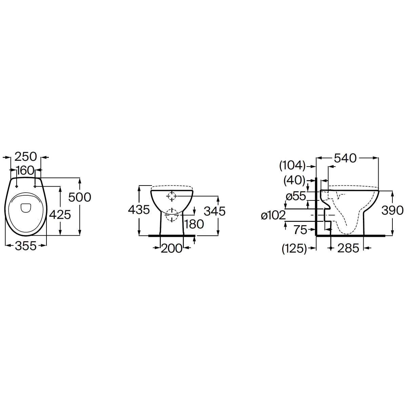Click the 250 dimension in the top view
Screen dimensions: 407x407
(x=26, y=157)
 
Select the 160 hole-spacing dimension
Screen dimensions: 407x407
(x=25, y=170)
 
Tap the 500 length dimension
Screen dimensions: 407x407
(x=80, y=197)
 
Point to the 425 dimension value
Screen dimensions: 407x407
(x=60, y=215)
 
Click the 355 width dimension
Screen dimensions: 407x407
(x=26, y=246)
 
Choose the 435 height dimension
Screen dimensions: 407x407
(x=139, y=210)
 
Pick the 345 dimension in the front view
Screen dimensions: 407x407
(x=215, y=211)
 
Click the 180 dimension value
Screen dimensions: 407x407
(x=194, y=224)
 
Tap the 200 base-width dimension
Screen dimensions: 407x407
(x=172, y=248)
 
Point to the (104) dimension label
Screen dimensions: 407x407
(x=292, y=166)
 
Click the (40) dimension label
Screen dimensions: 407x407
(x=294, y=180)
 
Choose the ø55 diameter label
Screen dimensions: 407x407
(x=296, y=196)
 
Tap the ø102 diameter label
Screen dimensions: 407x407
(x=273, y=216)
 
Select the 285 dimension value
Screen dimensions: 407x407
(x=348, y=248)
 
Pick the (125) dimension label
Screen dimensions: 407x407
(x=294, y=248)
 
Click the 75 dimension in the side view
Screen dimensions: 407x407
(x=300, y=230)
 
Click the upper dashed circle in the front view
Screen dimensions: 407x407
(x=172, y=196)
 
